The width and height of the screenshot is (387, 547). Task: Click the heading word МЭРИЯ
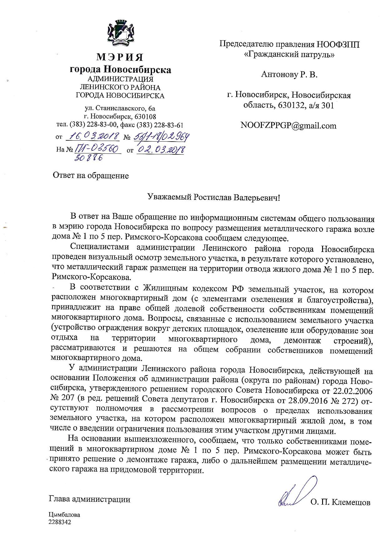click(x=120, y=57)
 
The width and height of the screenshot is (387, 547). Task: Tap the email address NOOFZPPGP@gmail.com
click(x=288, y=126)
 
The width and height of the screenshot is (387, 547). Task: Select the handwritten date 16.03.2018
click(x=94, y=136)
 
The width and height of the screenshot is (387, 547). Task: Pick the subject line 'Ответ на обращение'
click(x=91, y=176)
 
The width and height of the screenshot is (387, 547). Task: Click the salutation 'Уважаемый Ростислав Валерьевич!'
click(x=214, y=197)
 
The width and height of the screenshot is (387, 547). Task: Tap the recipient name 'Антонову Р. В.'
click(x=289, y=75)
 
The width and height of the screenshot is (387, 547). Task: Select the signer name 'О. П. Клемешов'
click(x=340, y=502)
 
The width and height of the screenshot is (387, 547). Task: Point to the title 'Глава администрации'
click(x=90, y=499)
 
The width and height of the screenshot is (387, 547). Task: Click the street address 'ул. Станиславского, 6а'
click(x=120, y=109)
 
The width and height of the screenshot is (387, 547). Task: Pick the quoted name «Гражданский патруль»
click(x=289, y=54)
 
